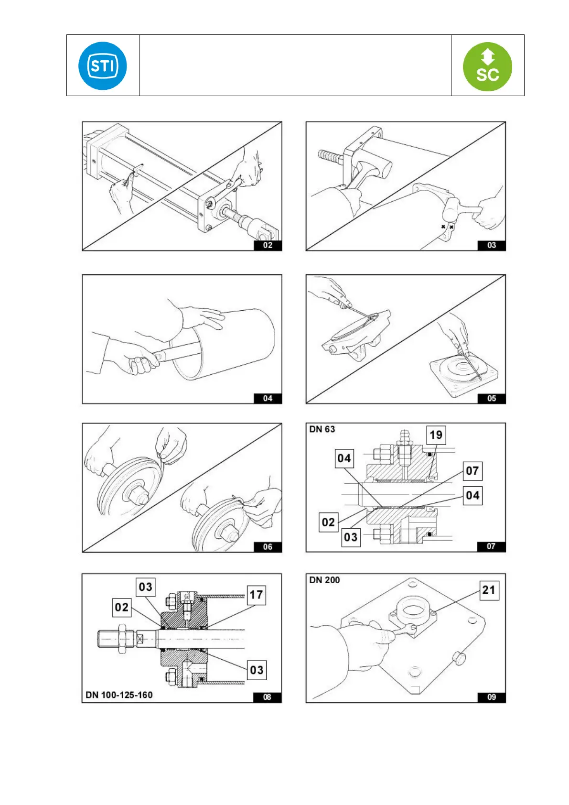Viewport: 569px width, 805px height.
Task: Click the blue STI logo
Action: click(x=103, y=65)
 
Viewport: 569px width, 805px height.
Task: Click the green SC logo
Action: click(x=487, y=66)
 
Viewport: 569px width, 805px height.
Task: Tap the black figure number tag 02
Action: click(x=268, y=245)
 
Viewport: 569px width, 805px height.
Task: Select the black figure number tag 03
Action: click(x=492, y=245)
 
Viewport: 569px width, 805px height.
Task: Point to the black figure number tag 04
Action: click(x=268, y=398)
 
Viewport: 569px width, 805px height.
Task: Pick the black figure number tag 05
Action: click(x=492, y=398)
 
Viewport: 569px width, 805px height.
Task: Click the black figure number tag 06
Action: click(x=268, y=547)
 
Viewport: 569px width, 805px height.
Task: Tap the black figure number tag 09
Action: click(x=492, y=697)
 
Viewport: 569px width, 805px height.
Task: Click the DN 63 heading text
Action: click(x=322, y=429)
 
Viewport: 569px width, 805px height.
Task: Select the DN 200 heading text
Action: click(x=324, y=580)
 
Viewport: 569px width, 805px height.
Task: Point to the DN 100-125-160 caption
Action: click(x=119, y=695)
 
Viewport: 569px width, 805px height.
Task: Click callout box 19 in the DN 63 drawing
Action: click(x=436, y=435)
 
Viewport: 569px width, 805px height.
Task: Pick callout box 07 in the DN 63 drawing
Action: click(x=472, y=471)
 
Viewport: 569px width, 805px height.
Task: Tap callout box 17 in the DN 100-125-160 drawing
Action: click(x=256, y=595)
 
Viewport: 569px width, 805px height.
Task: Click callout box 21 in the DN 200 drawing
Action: click(x=489, y=590)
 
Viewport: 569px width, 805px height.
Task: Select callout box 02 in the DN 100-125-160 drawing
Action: click(x=122, y=607)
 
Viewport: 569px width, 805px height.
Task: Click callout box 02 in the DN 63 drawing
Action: click(x=328, y=522)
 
